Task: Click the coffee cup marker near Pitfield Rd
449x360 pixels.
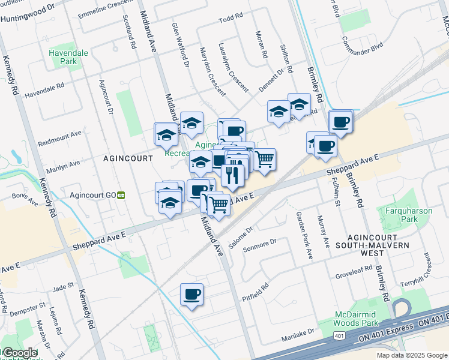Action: [192, 294]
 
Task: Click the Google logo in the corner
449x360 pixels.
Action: [19, 353]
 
